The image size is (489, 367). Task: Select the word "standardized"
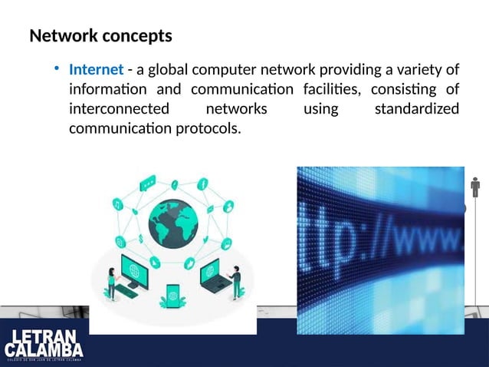tap(417, 109)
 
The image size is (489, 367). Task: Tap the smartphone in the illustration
tap(173, 295)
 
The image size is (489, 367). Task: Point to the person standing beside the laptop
tap(236, 281)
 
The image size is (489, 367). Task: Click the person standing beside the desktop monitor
tap(112, 283)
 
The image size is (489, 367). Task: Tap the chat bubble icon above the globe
tap(147, 183)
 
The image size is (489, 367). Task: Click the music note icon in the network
tap(117, 204)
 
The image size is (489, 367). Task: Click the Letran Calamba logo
tap(45, 344)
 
